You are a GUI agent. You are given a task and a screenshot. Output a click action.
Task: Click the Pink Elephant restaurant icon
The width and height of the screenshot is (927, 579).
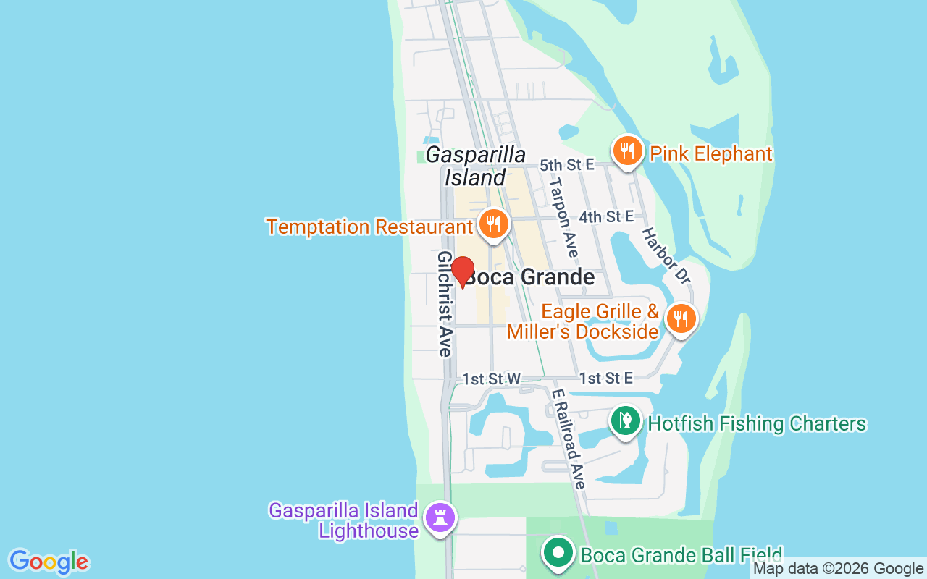point(627,151)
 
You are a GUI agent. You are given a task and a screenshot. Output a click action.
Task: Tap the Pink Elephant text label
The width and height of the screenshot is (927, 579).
point(711,154)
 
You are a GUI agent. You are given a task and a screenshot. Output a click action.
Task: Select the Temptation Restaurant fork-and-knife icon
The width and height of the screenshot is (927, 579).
point(492,224)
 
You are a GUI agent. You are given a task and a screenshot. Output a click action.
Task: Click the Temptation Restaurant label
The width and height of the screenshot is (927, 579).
point(369,227)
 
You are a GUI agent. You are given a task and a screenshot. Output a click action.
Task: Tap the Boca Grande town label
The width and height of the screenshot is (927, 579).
point(530,277)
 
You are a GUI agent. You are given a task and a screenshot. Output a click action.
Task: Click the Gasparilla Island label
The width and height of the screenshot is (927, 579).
point(475,166)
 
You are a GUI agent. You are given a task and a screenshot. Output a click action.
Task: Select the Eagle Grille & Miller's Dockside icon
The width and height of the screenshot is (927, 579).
point(680,318)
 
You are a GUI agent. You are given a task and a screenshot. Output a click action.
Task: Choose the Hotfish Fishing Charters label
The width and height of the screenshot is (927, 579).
point(757,423)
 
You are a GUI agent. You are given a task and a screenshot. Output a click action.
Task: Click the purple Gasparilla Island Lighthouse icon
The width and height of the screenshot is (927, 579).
point(440,518)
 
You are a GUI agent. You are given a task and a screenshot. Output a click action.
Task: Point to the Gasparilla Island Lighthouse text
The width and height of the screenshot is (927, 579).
point(343,520)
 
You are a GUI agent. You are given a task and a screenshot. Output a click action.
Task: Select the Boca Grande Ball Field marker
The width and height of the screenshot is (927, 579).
point(558,554)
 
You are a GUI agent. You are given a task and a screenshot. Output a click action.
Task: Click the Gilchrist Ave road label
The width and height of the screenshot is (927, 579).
point(445,304)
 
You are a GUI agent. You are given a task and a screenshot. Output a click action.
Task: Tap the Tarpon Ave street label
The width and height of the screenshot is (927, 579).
point(563,217)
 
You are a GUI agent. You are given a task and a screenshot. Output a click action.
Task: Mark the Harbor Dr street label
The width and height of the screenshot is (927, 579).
point(665,255)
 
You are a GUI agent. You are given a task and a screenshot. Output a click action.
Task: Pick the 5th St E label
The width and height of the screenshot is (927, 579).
point(566,165)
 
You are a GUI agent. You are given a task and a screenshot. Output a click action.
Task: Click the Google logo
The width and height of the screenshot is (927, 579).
point(49,562)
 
